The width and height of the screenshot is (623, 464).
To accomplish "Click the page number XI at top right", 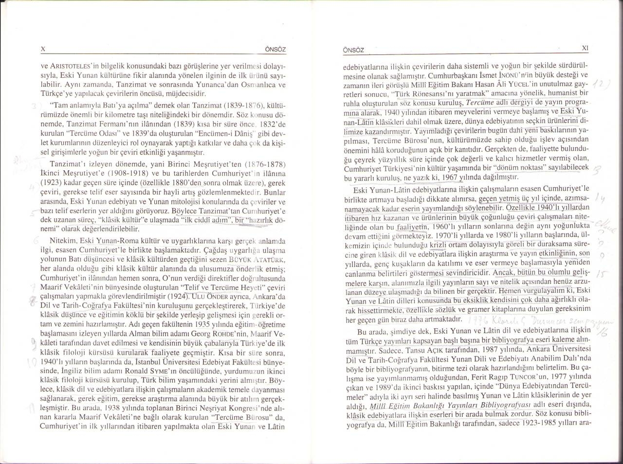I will pos(586,48).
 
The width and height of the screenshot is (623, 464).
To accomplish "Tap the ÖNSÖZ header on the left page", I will pos(273,50).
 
